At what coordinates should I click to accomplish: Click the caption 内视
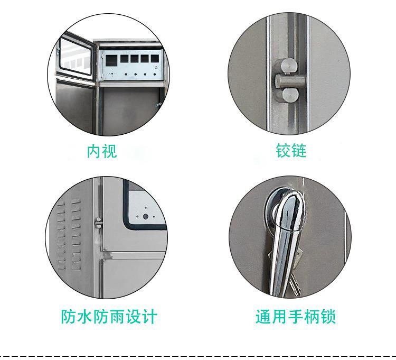tap(102, 152)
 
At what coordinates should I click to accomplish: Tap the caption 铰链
tap(291, 152)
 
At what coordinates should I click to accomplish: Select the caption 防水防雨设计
tap(109, 317)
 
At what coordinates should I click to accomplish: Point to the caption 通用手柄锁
tap(296, 317)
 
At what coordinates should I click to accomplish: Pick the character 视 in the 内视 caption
tap(110, 152)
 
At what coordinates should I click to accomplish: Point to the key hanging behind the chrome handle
tap(294, 264)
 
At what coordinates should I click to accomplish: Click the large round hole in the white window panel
tap(145, 216)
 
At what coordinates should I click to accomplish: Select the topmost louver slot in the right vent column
tap(76, 202)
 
